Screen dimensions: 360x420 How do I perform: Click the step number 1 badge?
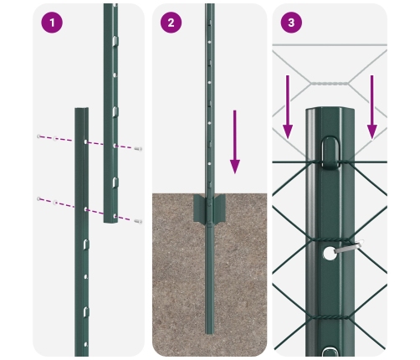click(x=53, y=23)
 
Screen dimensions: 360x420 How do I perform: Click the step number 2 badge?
click(x=171, y=23)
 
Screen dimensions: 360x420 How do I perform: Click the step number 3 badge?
click(x=290, y=23)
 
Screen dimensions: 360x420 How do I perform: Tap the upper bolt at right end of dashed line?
click(x=138, y=149)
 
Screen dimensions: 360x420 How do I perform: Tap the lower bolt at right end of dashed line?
click(x=138, y=221)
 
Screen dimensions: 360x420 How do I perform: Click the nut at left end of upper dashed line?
click(x=38, y=136)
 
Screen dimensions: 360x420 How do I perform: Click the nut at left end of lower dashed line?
click(x=38, y=198)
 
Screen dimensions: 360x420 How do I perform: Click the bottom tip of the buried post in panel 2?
click(x=209, y=343)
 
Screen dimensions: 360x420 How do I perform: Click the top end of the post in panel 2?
click(x=209, y=7)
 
